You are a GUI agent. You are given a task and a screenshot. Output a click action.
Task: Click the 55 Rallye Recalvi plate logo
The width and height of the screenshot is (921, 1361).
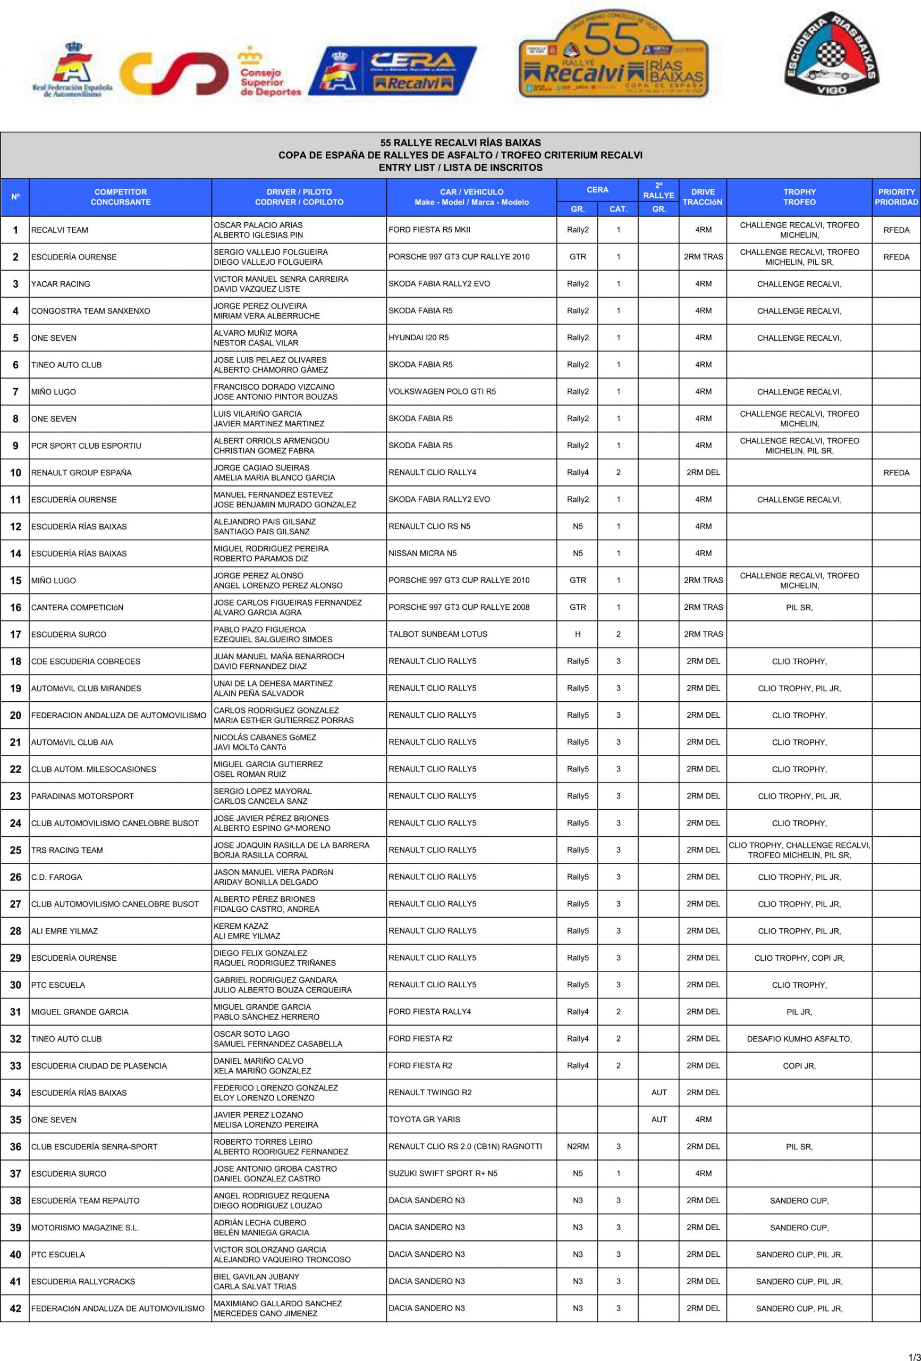613,54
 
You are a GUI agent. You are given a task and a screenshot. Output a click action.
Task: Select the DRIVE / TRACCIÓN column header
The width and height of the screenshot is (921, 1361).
703,197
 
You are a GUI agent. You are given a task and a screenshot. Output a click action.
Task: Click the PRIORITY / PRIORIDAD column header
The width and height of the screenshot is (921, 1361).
896,197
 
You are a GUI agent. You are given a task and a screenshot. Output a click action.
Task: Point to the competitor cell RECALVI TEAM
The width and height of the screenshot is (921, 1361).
60,230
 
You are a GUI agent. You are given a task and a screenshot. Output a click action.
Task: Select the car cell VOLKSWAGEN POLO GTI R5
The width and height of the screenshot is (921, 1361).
442,392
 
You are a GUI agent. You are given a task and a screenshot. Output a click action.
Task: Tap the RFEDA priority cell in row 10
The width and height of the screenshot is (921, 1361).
896,473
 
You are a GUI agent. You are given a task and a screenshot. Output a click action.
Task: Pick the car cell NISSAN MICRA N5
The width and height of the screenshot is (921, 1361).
422,553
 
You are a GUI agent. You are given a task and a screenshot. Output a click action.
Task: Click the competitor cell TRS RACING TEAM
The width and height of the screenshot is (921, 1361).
67,850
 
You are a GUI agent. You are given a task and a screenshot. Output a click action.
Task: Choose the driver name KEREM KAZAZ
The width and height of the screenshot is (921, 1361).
241,926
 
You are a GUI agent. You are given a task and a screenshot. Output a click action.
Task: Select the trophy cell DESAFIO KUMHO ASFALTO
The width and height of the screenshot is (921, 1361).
799,1039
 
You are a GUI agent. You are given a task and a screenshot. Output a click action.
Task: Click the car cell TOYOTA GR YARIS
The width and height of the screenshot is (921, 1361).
424,1120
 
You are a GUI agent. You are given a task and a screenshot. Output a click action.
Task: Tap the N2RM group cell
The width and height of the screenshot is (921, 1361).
577,1147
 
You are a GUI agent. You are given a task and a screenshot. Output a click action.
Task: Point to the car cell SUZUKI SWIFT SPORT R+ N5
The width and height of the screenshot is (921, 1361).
443,1174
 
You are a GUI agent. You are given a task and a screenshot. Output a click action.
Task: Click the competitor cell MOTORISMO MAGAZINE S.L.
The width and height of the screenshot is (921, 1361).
85,1228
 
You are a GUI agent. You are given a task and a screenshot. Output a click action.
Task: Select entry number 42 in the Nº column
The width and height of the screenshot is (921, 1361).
15,1309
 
